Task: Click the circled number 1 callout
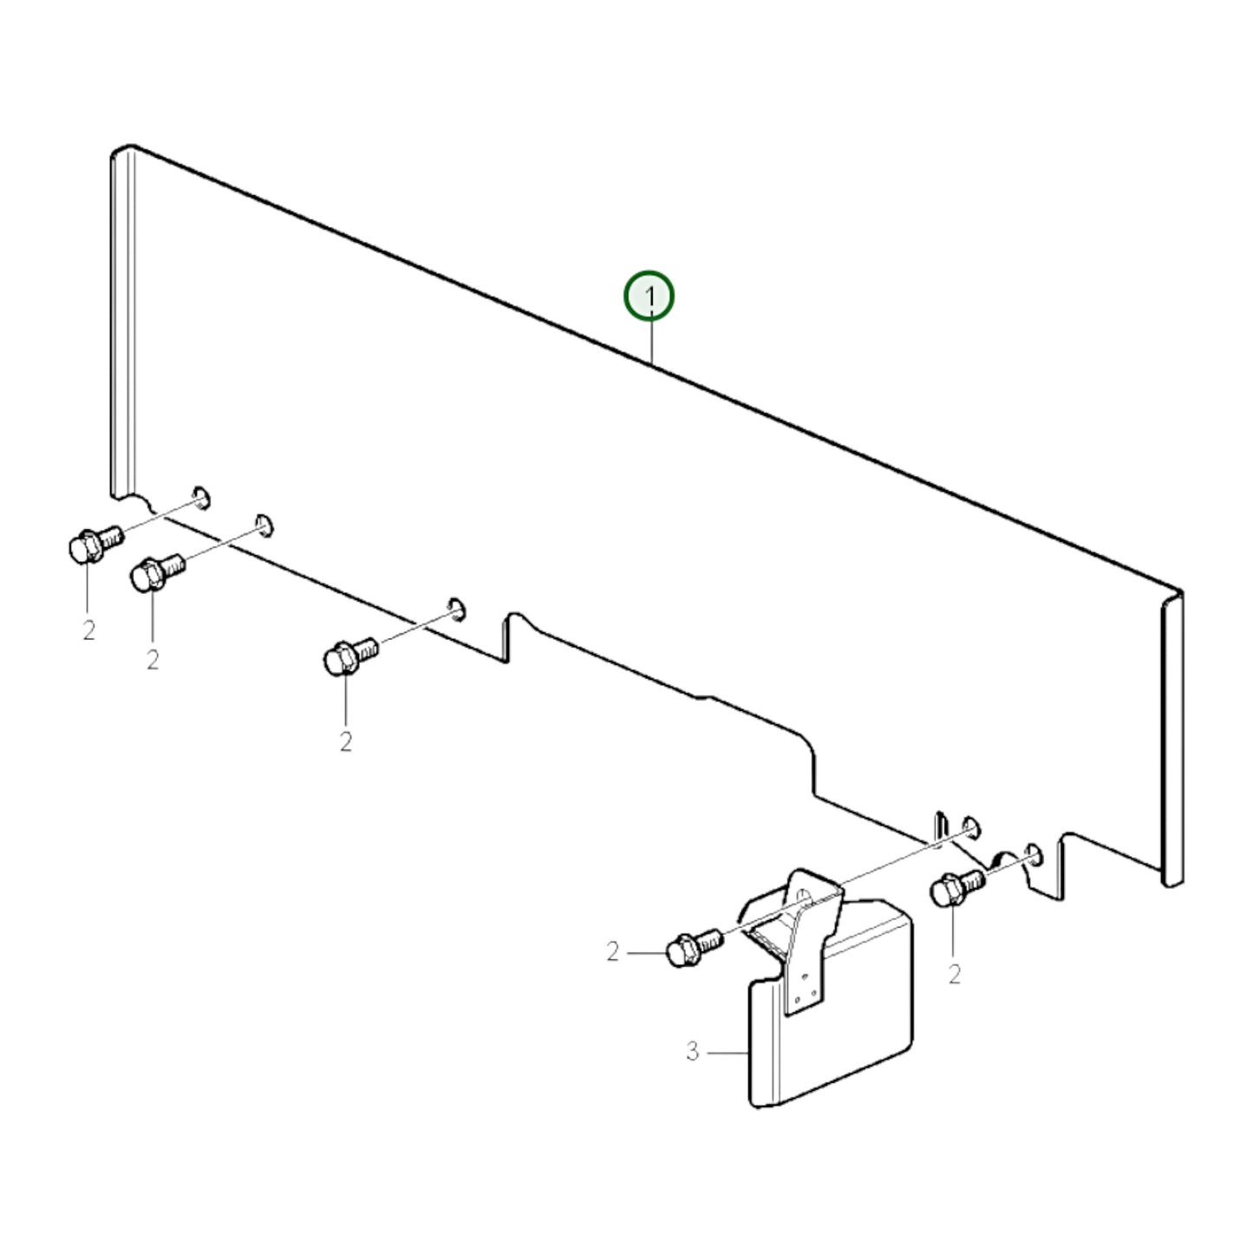tap(649, 296)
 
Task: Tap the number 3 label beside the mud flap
tap(692, 1052)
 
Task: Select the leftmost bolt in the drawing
tap(95, 545)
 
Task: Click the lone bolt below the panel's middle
tap(349, 656)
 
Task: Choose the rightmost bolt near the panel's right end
tap(958, 887)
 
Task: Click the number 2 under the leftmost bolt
tap(89, 630)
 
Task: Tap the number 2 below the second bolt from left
tap(152, 660)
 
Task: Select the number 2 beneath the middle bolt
tap(345, 742)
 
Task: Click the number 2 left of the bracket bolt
tap(612, 953)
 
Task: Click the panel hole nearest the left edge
tap(201, 497)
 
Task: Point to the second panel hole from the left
tap(264, 525)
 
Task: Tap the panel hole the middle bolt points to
tap(456, 608)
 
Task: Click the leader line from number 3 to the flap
tap(726, 1052)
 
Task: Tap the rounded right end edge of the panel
tap(1171, 740)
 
